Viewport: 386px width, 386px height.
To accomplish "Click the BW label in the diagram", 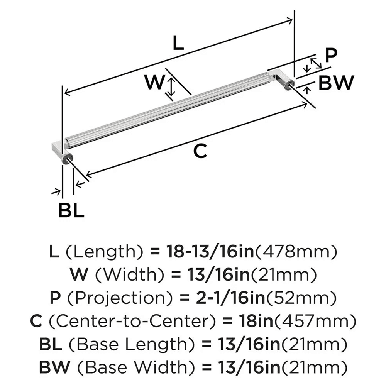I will (336, 83).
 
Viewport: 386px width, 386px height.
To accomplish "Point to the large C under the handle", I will (200, 151).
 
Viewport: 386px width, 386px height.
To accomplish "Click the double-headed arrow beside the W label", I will (171, 86).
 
